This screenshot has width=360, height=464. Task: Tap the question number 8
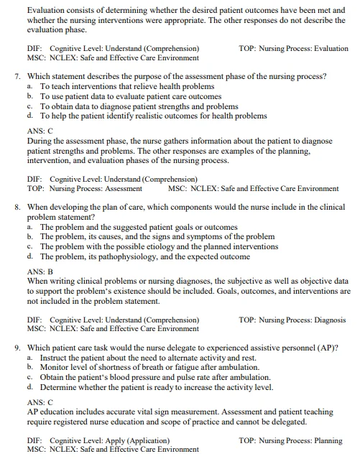click(x=17, y=207)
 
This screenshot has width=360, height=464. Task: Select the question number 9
click(x=17, y=348)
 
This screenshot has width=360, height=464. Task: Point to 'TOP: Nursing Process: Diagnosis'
click(x=292, y=320)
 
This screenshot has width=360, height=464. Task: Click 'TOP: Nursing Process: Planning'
click(x=290, y=441)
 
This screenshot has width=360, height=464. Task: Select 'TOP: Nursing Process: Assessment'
click(x=85, y=189)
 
